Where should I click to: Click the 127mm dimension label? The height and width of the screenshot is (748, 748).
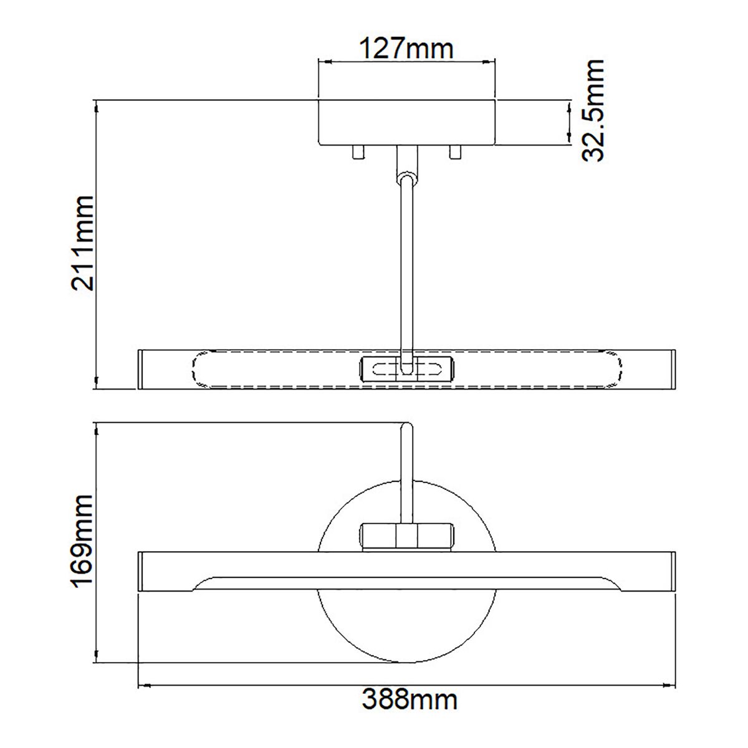tap(406, 47)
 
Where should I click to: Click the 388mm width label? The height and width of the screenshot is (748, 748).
tap(410, 699)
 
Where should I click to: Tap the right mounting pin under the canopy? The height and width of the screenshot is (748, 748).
tap(455, 152)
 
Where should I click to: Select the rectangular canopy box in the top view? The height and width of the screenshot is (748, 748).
tap(406, 122)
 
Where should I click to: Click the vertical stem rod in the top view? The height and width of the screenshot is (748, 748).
tap(406, 268)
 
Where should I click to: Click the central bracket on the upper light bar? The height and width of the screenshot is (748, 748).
tap(406, 368)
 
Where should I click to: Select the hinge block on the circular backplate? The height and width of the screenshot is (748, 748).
tap(406, 534)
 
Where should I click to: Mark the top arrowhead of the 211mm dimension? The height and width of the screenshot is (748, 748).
tap(96, 108)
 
